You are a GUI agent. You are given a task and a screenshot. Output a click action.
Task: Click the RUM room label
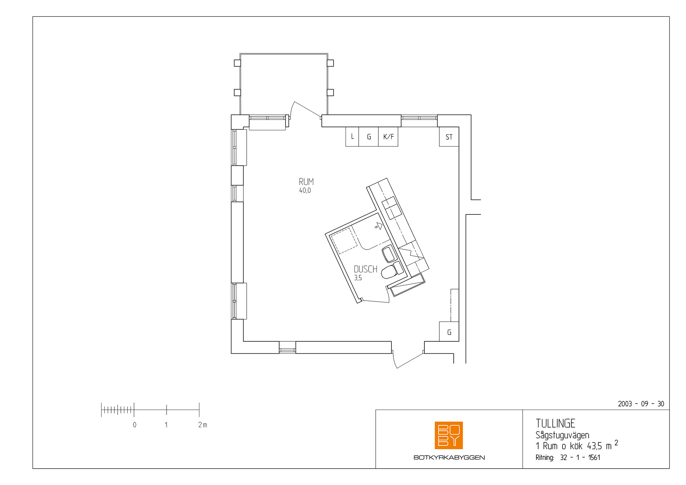pos(306,182)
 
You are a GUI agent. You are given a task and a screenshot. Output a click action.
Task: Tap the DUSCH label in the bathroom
pos(366,269)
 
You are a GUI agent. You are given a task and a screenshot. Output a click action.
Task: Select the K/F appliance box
pos(388,137)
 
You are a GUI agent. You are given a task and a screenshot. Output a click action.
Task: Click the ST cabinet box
pos(449,137)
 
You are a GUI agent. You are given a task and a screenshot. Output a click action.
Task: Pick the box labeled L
pos(352,137)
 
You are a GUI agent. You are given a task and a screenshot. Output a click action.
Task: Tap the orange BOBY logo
pos(449,435)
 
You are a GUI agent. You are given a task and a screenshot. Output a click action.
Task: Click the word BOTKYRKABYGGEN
pos(449,457)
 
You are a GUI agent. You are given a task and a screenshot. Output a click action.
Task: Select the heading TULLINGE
pos(555,423)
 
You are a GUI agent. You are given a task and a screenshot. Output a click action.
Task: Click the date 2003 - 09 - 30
pos(641,404)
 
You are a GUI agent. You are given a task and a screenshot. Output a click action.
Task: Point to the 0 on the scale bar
pos(135,425)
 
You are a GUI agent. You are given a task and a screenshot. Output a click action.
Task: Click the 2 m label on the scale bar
pos(203,425)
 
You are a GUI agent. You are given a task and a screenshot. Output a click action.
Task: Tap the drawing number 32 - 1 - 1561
pos(580,457)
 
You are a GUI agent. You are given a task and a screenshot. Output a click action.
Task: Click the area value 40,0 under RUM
pos(305,191)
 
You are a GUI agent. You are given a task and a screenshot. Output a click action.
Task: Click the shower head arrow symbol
pos(379,226)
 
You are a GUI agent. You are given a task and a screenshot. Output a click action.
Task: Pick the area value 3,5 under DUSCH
pos(358,278)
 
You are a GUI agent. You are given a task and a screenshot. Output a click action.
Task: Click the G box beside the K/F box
pos(369,137)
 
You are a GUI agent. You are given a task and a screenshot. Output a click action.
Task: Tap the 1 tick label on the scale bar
pos(166,425)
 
